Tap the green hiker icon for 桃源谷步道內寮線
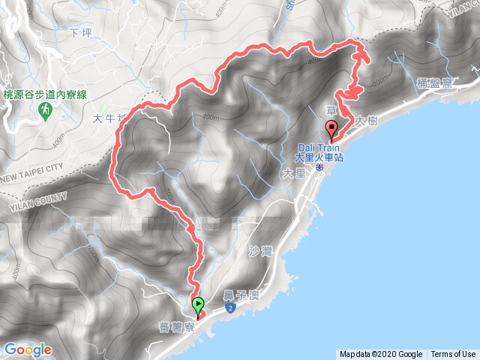tap(44, 111)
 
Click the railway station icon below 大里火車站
tap(319, 168)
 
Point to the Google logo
tap(28, 349)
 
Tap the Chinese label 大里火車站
tap(318, 157)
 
